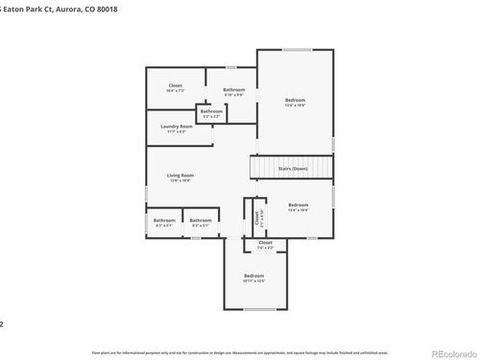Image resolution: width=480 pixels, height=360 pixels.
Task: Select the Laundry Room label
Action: [178, 126]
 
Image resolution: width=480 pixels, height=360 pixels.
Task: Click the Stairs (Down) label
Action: [293, 168]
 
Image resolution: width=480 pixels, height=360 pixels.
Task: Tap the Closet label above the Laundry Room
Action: [175, 85]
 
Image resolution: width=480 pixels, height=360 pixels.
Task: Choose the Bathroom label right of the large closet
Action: [234, 89]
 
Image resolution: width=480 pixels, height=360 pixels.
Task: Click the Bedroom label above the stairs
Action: [295, 100]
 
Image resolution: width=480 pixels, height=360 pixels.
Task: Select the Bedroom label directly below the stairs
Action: [299, 204]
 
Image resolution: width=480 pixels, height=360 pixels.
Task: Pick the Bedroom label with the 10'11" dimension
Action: [253, 276]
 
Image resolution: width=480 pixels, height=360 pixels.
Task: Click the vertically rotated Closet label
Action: [257, 219]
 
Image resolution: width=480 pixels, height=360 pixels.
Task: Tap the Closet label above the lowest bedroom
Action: [266, 243]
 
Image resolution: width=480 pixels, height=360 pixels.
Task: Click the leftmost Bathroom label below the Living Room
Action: [163, 220]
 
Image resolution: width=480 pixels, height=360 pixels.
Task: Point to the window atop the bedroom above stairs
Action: [297, 50]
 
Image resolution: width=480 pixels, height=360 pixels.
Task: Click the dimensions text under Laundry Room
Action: [178, 131]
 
